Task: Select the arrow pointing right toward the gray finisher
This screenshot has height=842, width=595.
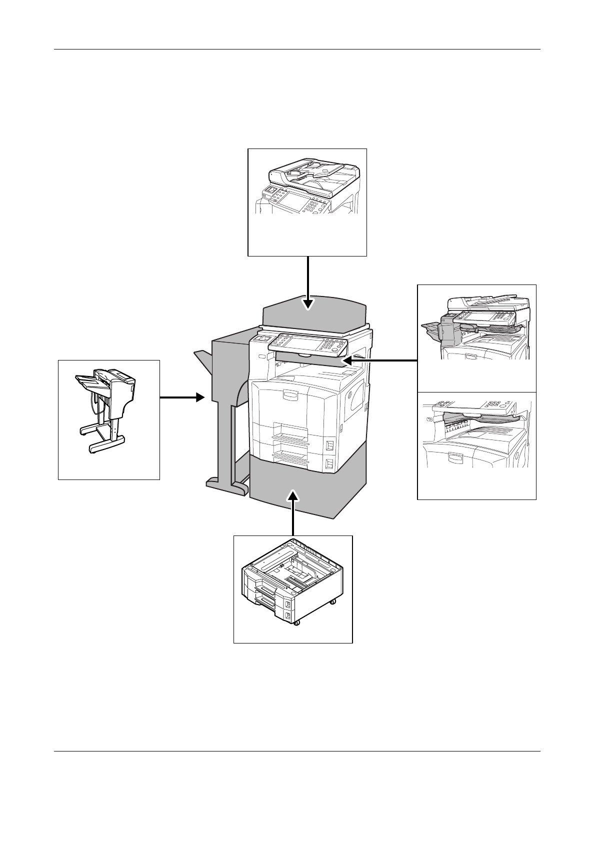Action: [183, 397]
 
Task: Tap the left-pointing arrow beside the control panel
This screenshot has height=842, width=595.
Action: [380, 359]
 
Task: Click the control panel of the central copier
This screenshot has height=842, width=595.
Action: [307, 344]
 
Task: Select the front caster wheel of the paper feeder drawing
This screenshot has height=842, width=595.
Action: [295, 622]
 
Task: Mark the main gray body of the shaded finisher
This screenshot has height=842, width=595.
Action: [230, 370]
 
